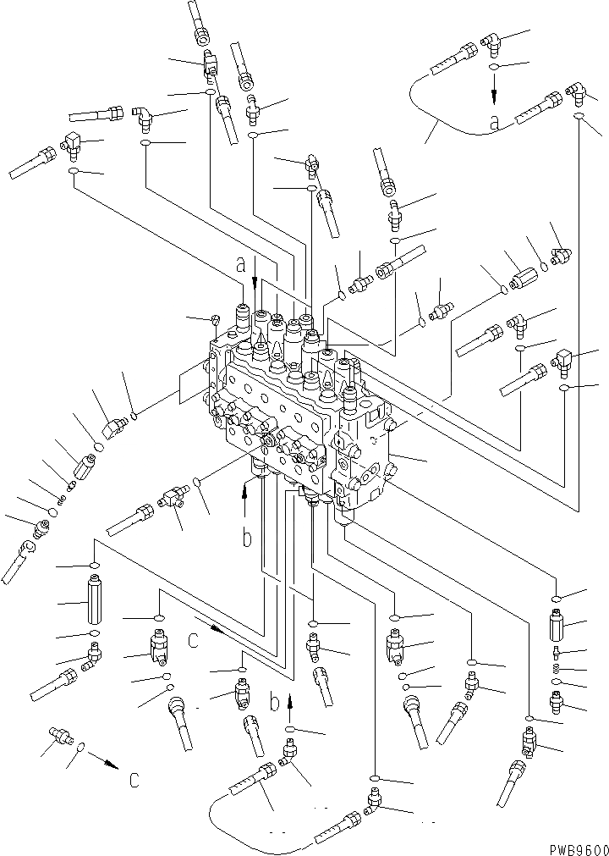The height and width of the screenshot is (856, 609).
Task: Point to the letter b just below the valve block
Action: [246, 538]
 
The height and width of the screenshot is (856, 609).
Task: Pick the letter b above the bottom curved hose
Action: [274, 702]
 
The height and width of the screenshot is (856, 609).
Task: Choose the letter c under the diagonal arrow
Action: [194, 640]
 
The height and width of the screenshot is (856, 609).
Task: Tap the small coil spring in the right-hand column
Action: [557, 668]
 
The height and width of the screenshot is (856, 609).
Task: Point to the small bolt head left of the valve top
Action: [216, 319]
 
